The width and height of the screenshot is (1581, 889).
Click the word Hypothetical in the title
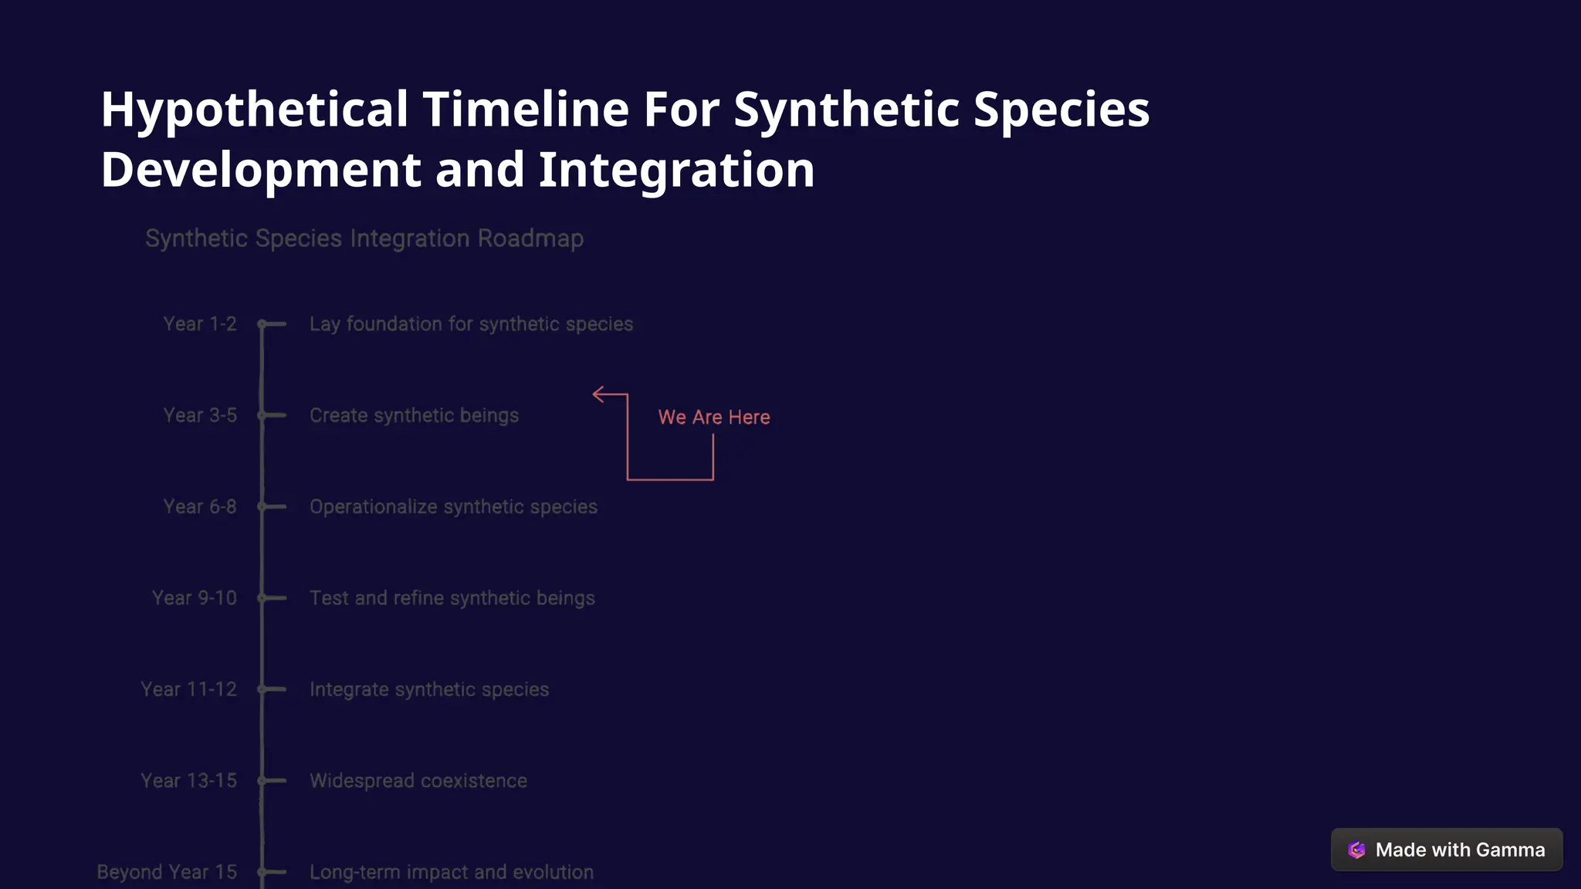click(x=254, y=109)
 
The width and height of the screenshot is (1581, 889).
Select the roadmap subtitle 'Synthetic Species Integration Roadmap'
click(x=364, y=238)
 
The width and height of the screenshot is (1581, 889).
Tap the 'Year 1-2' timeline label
click(x=200, y=324)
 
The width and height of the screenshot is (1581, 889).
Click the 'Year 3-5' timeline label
click(x=200, y=415)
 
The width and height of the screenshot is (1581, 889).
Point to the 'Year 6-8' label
click(x=200, y=507)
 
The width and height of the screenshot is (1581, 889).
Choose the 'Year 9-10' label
click(x=195, y=598)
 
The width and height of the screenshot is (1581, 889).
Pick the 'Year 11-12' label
click(x=188, y=689)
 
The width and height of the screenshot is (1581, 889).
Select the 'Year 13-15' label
click(x=188, y=781)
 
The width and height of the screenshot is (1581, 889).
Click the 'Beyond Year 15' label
click(x=167, y=872)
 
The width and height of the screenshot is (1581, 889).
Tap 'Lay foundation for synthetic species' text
click(x=471, y=324)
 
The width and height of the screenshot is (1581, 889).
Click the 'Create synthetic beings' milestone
click(x=414, y=415)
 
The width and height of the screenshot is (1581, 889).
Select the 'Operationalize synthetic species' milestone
click(x=453, y=507)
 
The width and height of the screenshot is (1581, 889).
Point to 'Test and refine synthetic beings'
click(x=452, y=598)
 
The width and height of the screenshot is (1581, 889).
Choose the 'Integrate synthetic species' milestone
click(x=429, y=689)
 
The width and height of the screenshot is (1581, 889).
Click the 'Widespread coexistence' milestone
click(x=418, y=781)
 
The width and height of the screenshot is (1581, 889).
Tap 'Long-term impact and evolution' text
click(x=452, y=872)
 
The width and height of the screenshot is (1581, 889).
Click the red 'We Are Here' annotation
click(x=714, y=417)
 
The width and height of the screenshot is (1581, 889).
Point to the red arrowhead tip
click(x=594, y=394)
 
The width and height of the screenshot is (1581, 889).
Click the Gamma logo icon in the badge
click(x=1356, y=850)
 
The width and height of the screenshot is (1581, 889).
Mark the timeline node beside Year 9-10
click(x=262, y=598)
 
